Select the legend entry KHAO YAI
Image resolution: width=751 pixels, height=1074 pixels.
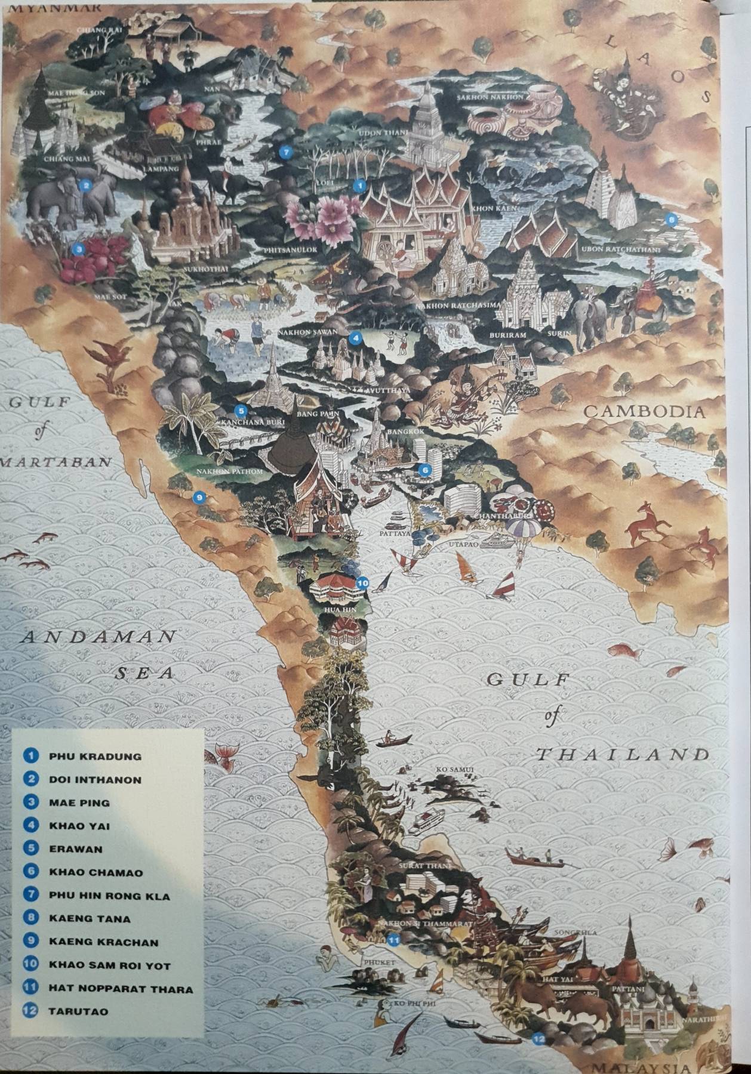pyautogui.click(x=79, y=826)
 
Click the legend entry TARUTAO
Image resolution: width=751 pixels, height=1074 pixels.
pyautogui.click(x=78, y=1011)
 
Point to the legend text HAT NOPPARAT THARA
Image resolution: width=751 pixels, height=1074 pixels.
pyautogui.click(x=121, y=989)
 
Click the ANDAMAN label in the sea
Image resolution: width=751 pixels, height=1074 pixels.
pyautogui.click(x=99, y=637)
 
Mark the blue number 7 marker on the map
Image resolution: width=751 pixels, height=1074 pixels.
pyautogui.click(x=286, y=152)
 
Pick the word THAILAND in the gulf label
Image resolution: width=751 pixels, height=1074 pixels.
pyautogui.click(x=622, y=755)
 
